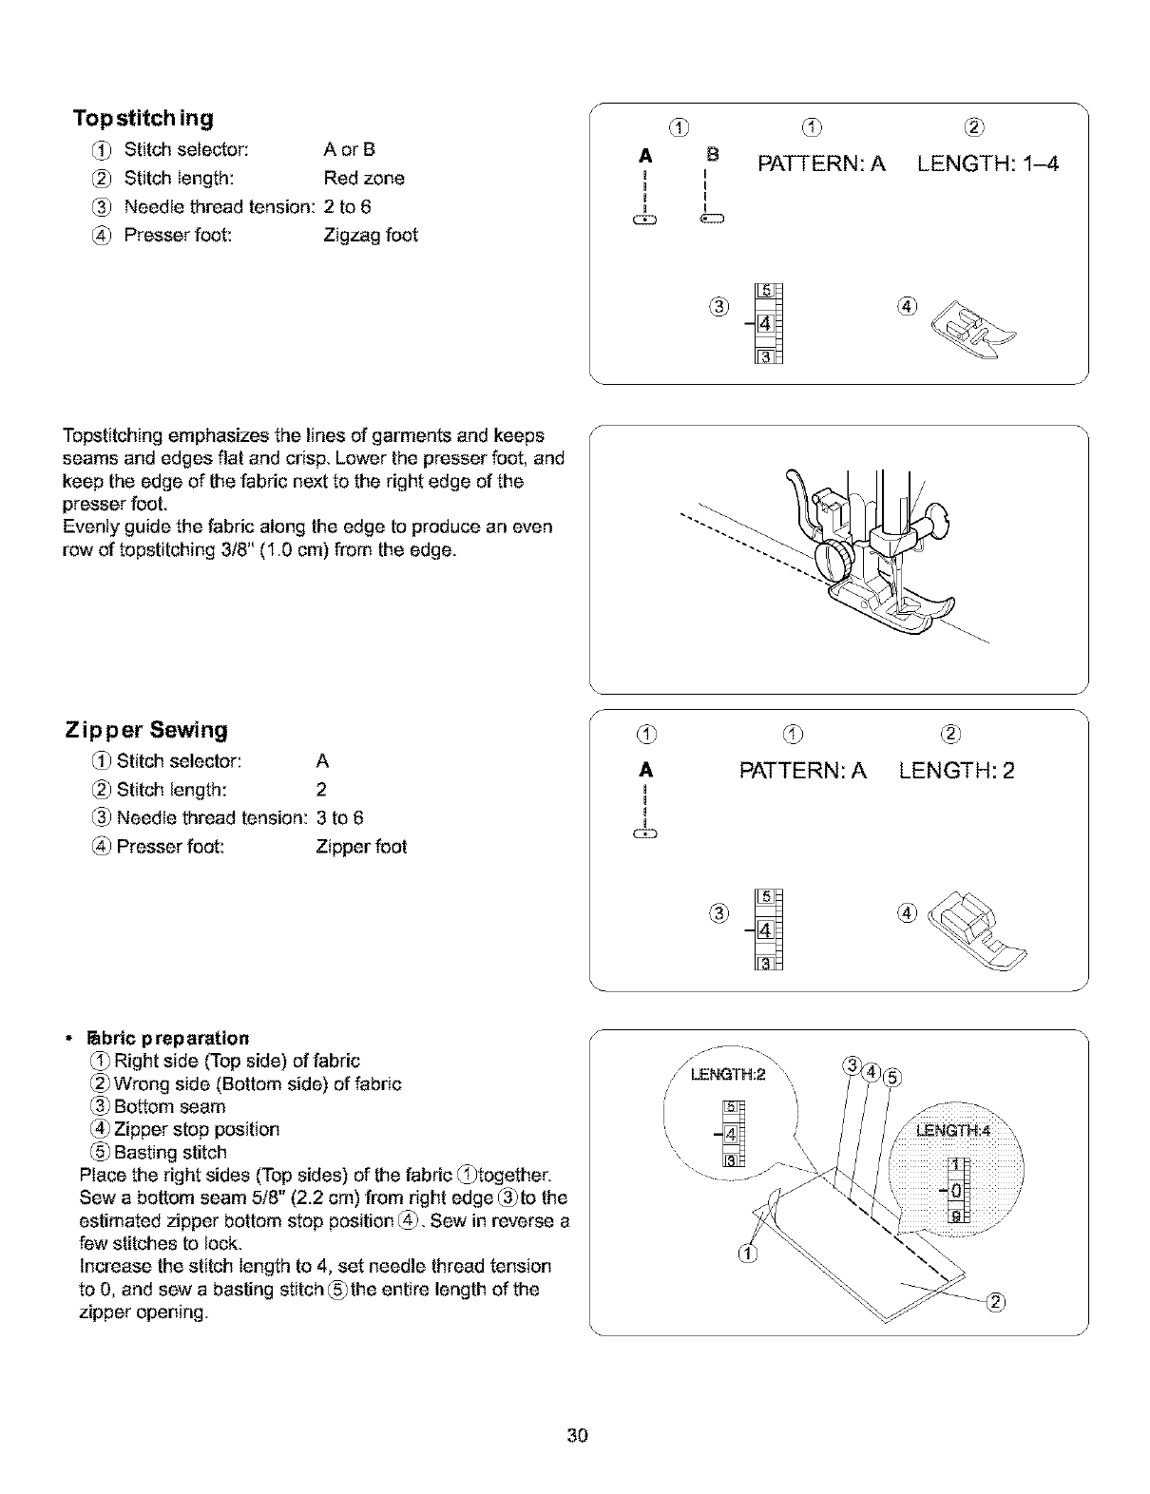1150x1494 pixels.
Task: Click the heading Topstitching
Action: pyautogui.click(x=144, y=119)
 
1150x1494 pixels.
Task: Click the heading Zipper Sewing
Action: pyautogui.click(x=147, y=730)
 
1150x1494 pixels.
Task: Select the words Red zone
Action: pyautogui.click(x=364, y=178)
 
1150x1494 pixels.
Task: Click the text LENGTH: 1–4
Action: pyautogui.click(x=987, y=164)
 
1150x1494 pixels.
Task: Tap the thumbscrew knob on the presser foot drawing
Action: pyautogui.click(x=837, y=560)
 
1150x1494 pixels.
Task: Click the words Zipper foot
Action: pyautogui.click(x=361, y=846)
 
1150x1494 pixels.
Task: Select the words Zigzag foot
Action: pyautogui.click(x=371, y=235)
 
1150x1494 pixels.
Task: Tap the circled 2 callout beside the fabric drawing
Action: pyautogui.click(x=996, y=1302)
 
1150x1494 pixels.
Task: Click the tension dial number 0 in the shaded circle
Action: pyautogui.click(x=955, y=1190)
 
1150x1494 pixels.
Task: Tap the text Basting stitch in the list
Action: pyautogui.click(x=170, y=1152)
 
